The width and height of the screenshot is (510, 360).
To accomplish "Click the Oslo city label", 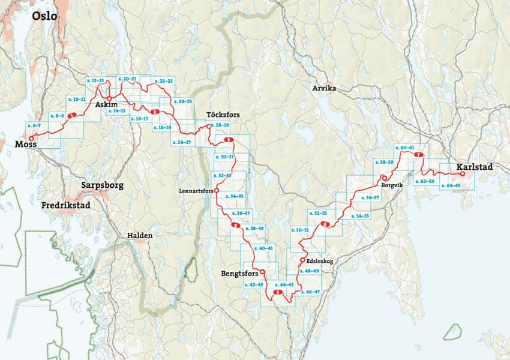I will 44,16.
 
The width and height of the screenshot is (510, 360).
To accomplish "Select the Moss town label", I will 25,145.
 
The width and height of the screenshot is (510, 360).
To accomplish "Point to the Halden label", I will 139,236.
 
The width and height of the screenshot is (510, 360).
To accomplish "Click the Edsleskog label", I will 319,261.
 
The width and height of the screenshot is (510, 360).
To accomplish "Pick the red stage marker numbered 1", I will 72,116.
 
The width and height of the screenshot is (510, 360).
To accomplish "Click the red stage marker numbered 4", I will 235,226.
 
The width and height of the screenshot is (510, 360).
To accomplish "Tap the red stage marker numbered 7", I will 418,156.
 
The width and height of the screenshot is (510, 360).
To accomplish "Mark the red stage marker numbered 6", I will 325,224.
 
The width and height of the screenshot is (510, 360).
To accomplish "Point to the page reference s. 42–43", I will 254,284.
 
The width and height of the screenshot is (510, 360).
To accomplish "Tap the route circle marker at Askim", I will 110,98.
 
